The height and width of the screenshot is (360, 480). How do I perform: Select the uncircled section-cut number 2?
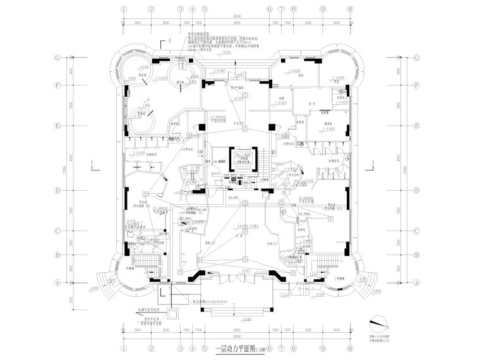tap(170, 42)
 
